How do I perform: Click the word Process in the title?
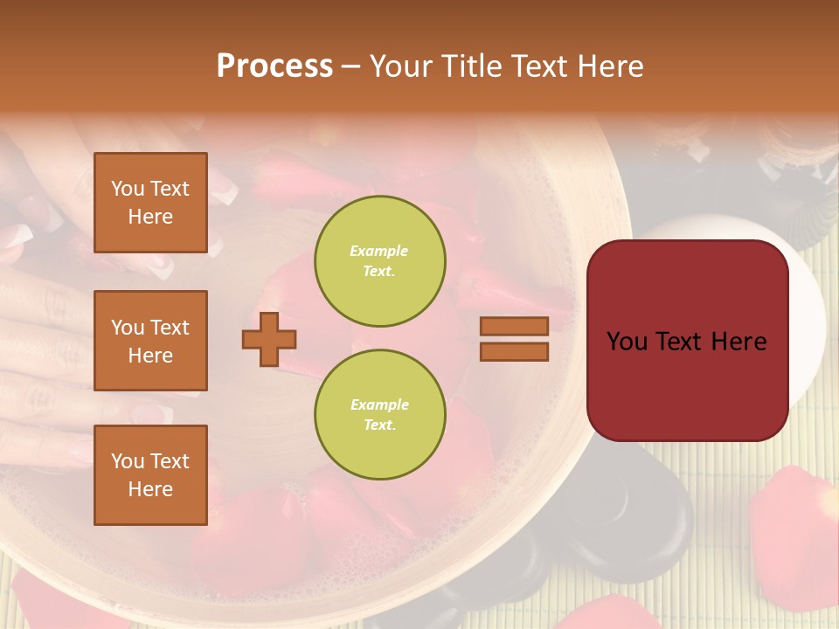click(x=274, y=66)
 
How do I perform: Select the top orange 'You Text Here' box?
click(x=150, y=203)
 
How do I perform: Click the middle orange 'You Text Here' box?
click(x=150, y=341)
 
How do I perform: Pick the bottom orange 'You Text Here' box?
click(x=150, y=475)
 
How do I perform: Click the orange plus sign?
click(x=269, y=339)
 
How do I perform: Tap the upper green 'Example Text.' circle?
click(x=379, y=261)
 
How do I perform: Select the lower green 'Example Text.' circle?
click(x=379, y=415)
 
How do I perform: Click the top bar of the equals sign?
click(x=514, y=327)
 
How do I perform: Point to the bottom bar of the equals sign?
click(x=514, y=351)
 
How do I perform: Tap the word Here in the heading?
click(x=612, y=66)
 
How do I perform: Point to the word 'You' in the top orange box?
click(x=127, y=189)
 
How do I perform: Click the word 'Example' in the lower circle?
click(x=379, y=404)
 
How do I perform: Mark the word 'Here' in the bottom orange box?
click(x=150, y=489)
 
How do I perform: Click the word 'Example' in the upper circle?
click(x=379, y=251)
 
